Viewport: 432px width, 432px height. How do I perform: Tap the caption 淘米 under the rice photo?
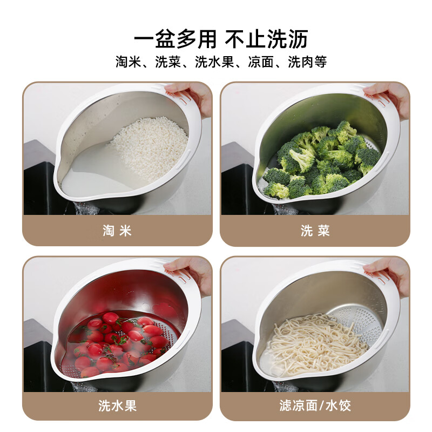117,231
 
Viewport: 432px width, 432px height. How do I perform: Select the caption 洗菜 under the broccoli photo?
315,231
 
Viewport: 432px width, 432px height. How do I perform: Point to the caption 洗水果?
117,406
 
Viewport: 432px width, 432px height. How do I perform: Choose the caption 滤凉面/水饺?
315,406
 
